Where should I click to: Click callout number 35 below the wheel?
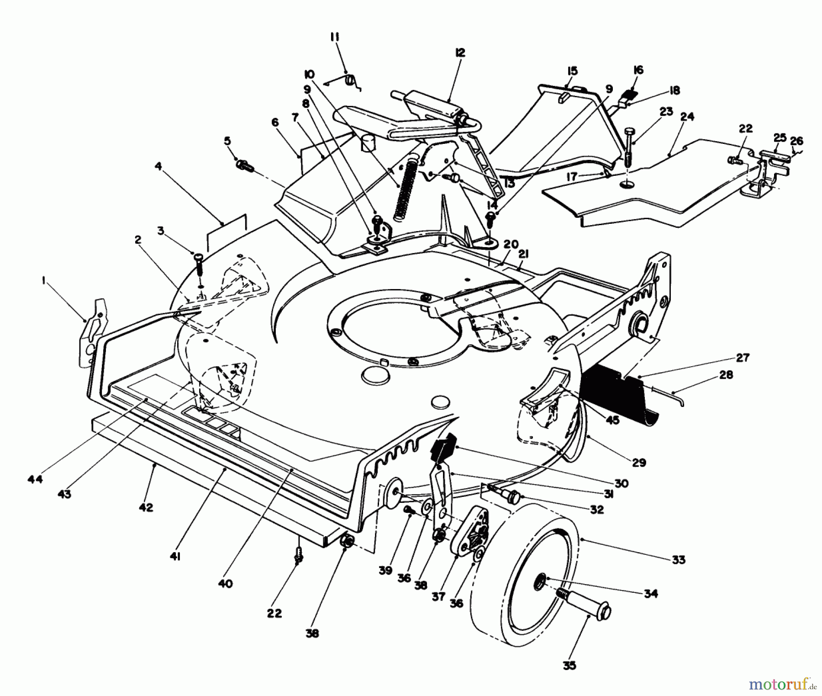569,665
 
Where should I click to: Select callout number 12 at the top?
459,53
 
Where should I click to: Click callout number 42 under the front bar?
146,507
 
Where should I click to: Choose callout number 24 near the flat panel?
687,117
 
